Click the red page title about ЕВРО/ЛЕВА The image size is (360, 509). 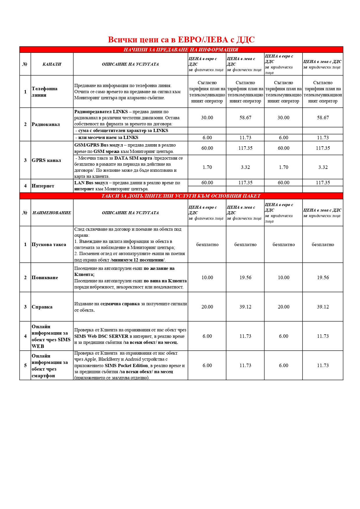coord(181,40)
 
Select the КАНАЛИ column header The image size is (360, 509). coord(52,64)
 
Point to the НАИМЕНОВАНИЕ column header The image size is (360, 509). coord(52,213)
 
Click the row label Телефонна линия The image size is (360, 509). coord(44,92)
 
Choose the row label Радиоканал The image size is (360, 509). coord(46,124)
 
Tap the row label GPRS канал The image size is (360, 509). coord(46,160)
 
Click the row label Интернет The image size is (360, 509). coord(43,186)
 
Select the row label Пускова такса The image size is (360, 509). coord(49,245)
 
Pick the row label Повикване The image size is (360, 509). coord(45,278)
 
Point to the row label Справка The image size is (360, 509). coord(42,307)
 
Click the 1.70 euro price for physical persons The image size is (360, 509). coord(207,167)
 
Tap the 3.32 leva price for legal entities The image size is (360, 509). coord(323,167)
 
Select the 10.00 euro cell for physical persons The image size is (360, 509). coord(207,278)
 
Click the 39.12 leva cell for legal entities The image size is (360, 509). coord(323,307)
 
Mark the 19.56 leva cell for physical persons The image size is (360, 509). coord(245,278)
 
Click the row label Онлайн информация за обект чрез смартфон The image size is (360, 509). coord(50,366)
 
